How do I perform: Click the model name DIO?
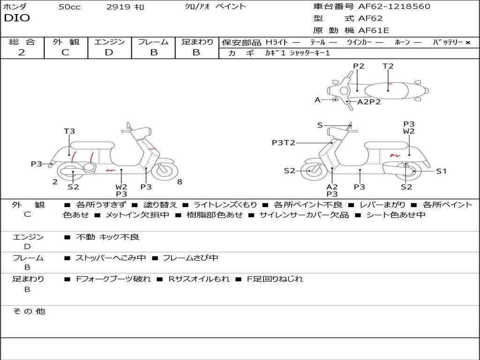[x=17, y=18]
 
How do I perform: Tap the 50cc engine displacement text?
[x=69, y=7]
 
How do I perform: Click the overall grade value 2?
[x=22, y=52]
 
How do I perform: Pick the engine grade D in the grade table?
[x=109, y=52]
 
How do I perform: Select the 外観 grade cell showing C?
[x=66, y=52]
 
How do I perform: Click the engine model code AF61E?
[x=374, y=31]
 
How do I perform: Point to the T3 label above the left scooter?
[x=69, y=131]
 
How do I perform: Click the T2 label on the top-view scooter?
[x=388, y=66]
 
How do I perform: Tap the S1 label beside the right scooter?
[x=441, y=171]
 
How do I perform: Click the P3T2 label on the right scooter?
[x=283, y=142]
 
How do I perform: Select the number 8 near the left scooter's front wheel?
[x=180, y=182]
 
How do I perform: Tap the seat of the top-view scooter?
[x=389, y=90]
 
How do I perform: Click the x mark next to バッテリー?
[x=468, y=43]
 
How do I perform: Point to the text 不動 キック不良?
[x=108, y=237]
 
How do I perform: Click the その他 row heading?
[x=29, y=311]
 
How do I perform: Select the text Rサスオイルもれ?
[x=199, y=279]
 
